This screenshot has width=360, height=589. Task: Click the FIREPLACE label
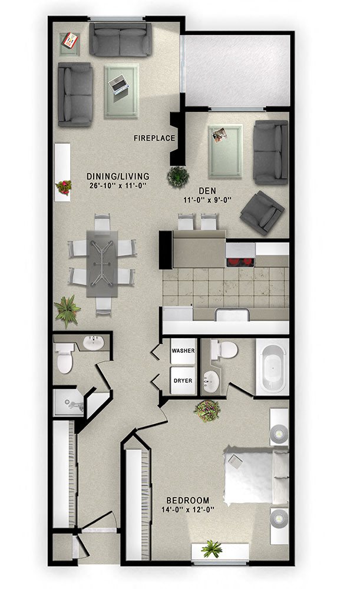pyautogui.click(x=154, y=138)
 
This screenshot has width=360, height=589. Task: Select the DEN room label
pyautogui.click(x=206, y=191)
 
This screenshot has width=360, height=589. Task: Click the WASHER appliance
pyautogui.click(x=183, y=351)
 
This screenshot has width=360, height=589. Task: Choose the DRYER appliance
pyautogui.click(x=183, y=380)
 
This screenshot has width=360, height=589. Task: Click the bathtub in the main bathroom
pyautogui.click(x=272, y=366)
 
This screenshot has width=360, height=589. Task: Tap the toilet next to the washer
pyautogui.click(x=223, y=349)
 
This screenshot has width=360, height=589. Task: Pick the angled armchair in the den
pyautogui.click(x=262, y=213)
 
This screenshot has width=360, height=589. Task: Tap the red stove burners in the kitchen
pyautogui.click(x=240, y=262)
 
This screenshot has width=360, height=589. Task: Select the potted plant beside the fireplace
pyautogui.click(x=177, y=176)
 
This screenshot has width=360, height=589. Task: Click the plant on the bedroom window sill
pyautogui.click(x=212, y=550)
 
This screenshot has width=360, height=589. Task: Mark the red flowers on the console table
pyautogui.click(x=63, y=187)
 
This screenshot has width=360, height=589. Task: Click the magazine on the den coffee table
pyautogui.click(x=222, y=135)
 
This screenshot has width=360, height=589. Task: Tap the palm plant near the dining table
pyautogui.click(x=66, y=310)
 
